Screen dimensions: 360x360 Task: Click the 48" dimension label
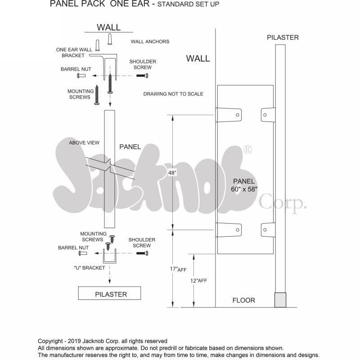click(172, 173)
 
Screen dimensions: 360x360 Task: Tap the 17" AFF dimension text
click(178, 269)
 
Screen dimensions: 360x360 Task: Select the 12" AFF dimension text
click(198, 280)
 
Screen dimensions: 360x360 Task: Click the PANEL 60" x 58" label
click(244, 185)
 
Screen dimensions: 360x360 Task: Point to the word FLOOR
click(243, 300)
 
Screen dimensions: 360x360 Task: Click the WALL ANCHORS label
click(150, 41)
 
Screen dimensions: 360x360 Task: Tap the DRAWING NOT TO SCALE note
click(173, 94)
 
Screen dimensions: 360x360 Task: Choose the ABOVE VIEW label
click(84, 143)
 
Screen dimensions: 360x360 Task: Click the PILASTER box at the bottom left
click(109, 293)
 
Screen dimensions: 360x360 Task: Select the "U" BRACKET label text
click(89, 268)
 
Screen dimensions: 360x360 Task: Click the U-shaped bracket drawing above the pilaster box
click(109, 262)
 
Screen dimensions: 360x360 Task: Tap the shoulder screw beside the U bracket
click(142, 253)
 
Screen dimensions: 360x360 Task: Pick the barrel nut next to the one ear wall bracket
click(81, 76)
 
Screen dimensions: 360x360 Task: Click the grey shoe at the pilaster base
click(280, 300)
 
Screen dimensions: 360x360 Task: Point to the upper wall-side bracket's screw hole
click(238, 115)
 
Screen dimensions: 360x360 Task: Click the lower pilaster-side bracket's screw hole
click(265, 229)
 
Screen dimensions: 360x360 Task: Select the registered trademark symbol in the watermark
click(247, 149)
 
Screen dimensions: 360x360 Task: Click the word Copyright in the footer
click(50, 341)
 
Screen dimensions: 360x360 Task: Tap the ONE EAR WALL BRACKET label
click(74, 53)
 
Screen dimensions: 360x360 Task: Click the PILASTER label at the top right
click(283, 37)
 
